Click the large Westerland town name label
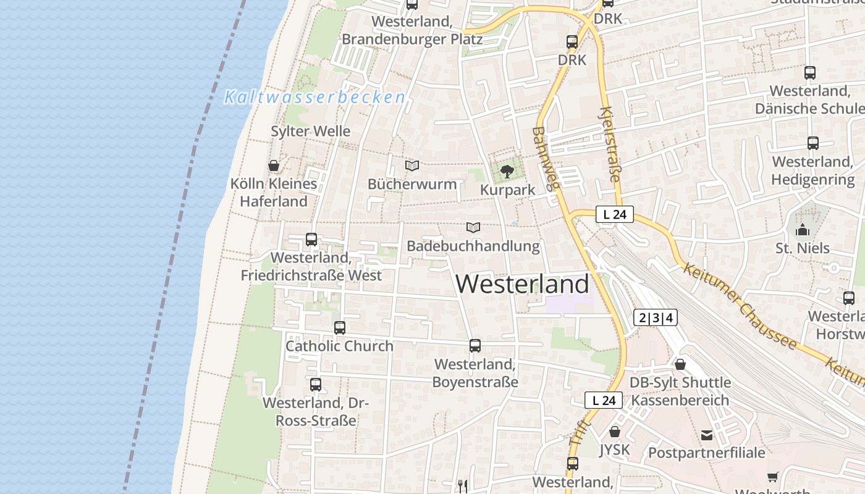tap(522, 284)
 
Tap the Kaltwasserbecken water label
tap(314, 98)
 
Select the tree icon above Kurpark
tap(507, 171)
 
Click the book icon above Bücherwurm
tap(412, 165)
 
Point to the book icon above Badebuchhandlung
tap(473, 227)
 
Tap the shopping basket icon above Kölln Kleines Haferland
tap(274, 165)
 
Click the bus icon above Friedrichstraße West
tap(311, 239)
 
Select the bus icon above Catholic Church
tap(339, 327)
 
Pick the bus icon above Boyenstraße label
tap(475, 346)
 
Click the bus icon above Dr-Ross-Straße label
tap(316, 384)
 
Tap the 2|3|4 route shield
tap(656, 318)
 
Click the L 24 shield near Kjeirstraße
tap(615, 215)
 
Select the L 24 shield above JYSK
tap(604, 400)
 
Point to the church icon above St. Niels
tap(803, 230)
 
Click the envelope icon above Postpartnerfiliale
tap(707, 435)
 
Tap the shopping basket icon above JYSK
tap(614, 431)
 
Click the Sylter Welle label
tap(311, 131)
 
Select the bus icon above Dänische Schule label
tap(810, 72)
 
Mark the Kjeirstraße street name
tap(609, 144)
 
